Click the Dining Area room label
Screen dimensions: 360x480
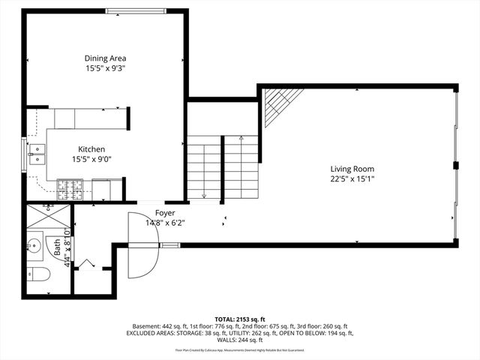[x=105, y=58]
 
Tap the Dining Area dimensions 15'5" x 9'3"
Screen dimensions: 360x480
[x=105, y=68]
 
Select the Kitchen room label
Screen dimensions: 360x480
[x=88, y=149]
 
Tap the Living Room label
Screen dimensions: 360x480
[x=352, y=169]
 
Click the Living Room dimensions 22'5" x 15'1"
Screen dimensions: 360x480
[x=352, y=178]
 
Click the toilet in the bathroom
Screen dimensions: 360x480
[x=37, y=274]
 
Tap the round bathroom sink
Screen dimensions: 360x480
[x=34, y=245]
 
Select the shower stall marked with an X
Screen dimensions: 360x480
[x=47, y=215]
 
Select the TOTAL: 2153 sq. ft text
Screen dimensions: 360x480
[x=240, y=319]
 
